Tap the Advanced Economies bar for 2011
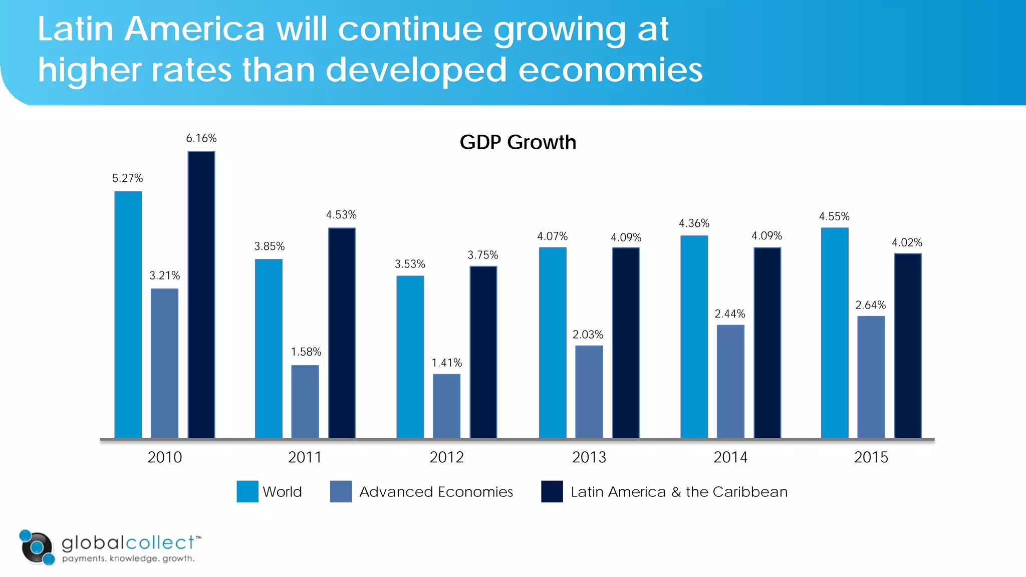pyautogui.click(x=305, y=402)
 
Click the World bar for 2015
pyautogui.click(x=835, y=333)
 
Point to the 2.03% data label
pyautogui.click(x=588, y=335)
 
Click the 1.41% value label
pyautogui.click(x=446, y=363)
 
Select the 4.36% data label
pyautogui.click(x=694, y=223)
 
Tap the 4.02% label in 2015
pyautogui.click(x=907, y=243)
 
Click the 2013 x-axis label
pyautogui.click(x=589, y=457)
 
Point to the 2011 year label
pyautogui.click(x=305, y=457)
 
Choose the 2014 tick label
pyautogui.click(x=730, y=457)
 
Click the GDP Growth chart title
pyautogui.click(x=518, y=143)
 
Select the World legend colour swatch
pyautogui.click(x=247, y=491)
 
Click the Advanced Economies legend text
pyautogui.click(x=436, y=492)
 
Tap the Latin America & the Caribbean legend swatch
pyautogui.click(x=552, y=491)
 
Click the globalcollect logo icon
pyautogui.click(x=37, y=547)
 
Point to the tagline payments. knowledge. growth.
pyautogui.click(x=128, y=558)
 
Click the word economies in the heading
pyautogui.click(x=610, y=70)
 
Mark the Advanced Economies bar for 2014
pyautogui.click(x=730, y=382)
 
